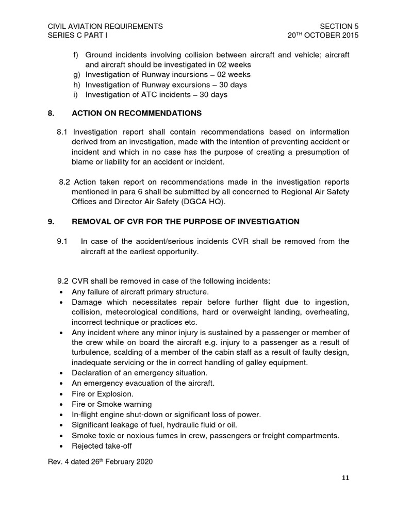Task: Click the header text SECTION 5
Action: click(x=339, y=26)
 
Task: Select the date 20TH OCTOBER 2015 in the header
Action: click(x=323, y=36)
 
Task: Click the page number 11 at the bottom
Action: click(x=345, y=478)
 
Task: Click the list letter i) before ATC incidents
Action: click(x=77, y=95)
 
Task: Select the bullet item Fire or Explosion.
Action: click(x=102, y=393)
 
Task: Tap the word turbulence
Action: click(x=91, y=352)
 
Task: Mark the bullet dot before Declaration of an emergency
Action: click(x=61, y=373)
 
